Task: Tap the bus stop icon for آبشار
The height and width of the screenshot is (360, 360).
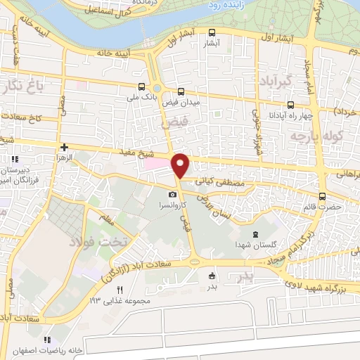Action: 212,32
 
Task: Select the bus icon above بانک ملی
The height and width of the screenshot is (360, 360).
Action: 142,87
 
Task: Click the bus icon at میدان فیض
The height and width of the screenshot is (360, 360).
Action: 181,91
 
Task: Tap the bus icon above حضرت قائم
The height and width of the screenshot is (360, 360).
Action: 322,196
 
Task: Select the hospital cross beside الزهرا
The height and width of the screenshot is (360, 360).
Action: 65,148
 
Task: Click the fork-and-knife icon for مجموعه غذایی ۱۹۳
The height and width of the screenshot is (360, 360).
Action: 120,290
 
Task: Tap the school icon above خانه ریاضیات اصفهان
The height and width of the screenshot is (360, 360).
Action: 48,340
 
